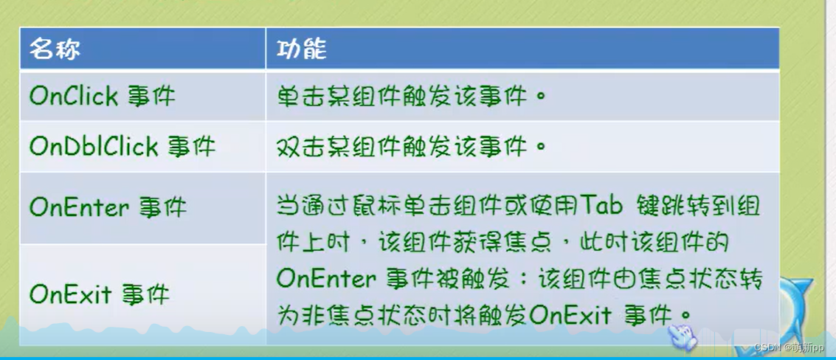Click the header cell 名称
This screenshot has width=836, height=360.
55,49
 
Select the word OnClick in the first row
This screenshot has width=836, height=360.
74,96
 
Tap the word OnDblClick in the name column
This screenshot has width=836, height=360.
94,146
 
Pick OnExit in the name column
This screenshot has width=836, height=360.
65,294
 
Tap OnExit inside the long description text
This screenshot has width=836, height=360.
570,315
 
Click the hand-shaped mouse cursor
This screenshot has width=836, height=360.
682,335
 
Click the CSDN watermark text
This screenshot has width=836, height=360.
790,347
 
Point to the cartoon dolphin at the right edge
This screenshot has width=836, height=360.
793,302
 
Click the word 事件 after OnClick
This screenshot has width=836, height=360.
151,96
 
